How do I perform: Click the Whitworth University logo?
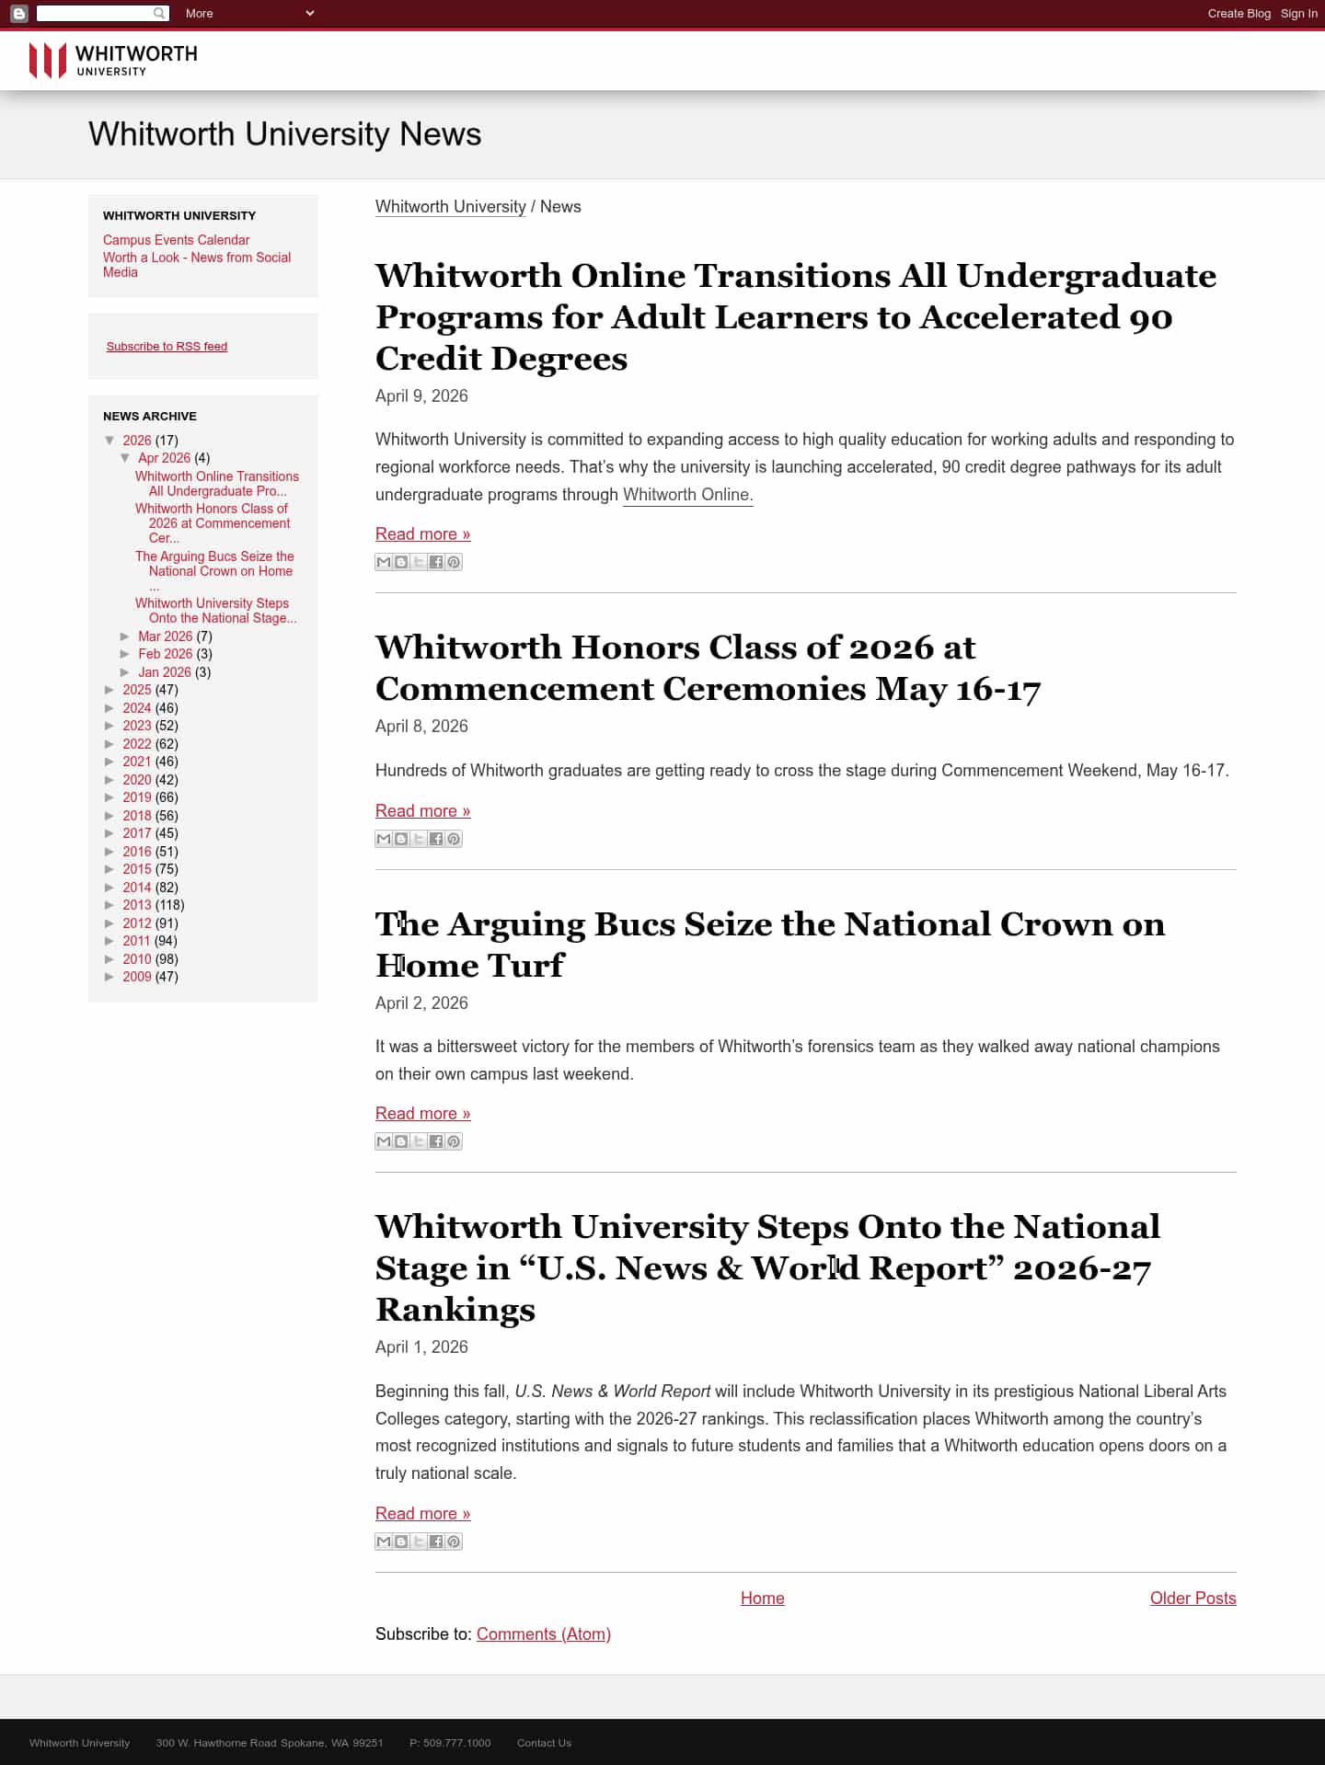[x=112, y=61]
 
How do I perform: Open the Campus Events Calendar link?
[x=176, y=240]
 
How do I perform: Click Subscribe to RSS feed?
[x=167, y=347]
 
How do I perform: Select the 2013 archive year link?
[x=136, y=905]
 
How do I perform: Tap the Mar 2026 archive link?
[x=165, y=636]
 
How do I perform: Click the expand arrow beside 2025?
[x=110, y=690]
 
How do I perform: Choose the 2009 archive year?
[x=136, y=977]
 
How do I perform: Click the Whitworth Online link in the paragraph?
[x=687, y=495]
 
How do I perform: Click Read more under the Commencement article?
[x=422, y=811]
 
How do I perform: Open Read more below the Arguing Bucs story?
[x=422, y=1114]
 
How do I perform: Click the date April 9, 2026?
[x=421, y=396]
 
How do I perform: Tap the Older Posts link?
[x=1192, y=1599]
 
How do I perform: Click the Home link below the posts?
[x=762, y=1599]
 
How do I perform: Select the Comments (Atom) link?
[x=543, y=1634]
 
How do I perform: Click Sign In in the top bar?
[x=1298, y=14]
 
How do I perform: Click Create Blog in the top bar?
[x=1239, y=14]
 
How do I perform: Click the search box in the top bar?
[x=95, y=14]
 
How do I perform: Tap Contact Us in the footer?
[x=544, y=1743]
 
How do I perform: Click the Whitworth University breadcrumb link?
[x=450, y=207]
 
